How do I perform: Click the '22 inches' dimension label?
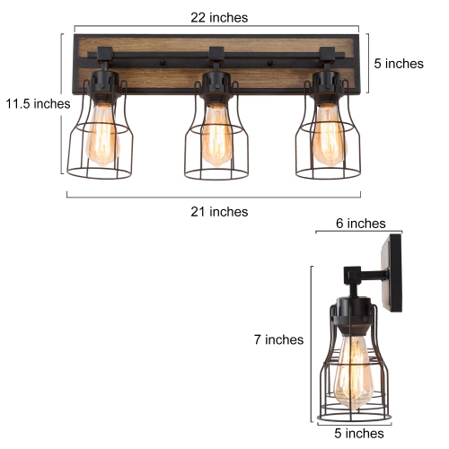pyautogui.click(x=220, y=17)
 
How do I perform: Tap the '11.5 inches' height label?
pyautogui.click(x=35, y=103)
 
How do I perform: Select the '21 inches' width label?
pyautogui.click(x=220, y=211)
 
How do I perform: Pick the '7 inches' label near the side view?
pyautogui.click(x=279, y=340)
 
